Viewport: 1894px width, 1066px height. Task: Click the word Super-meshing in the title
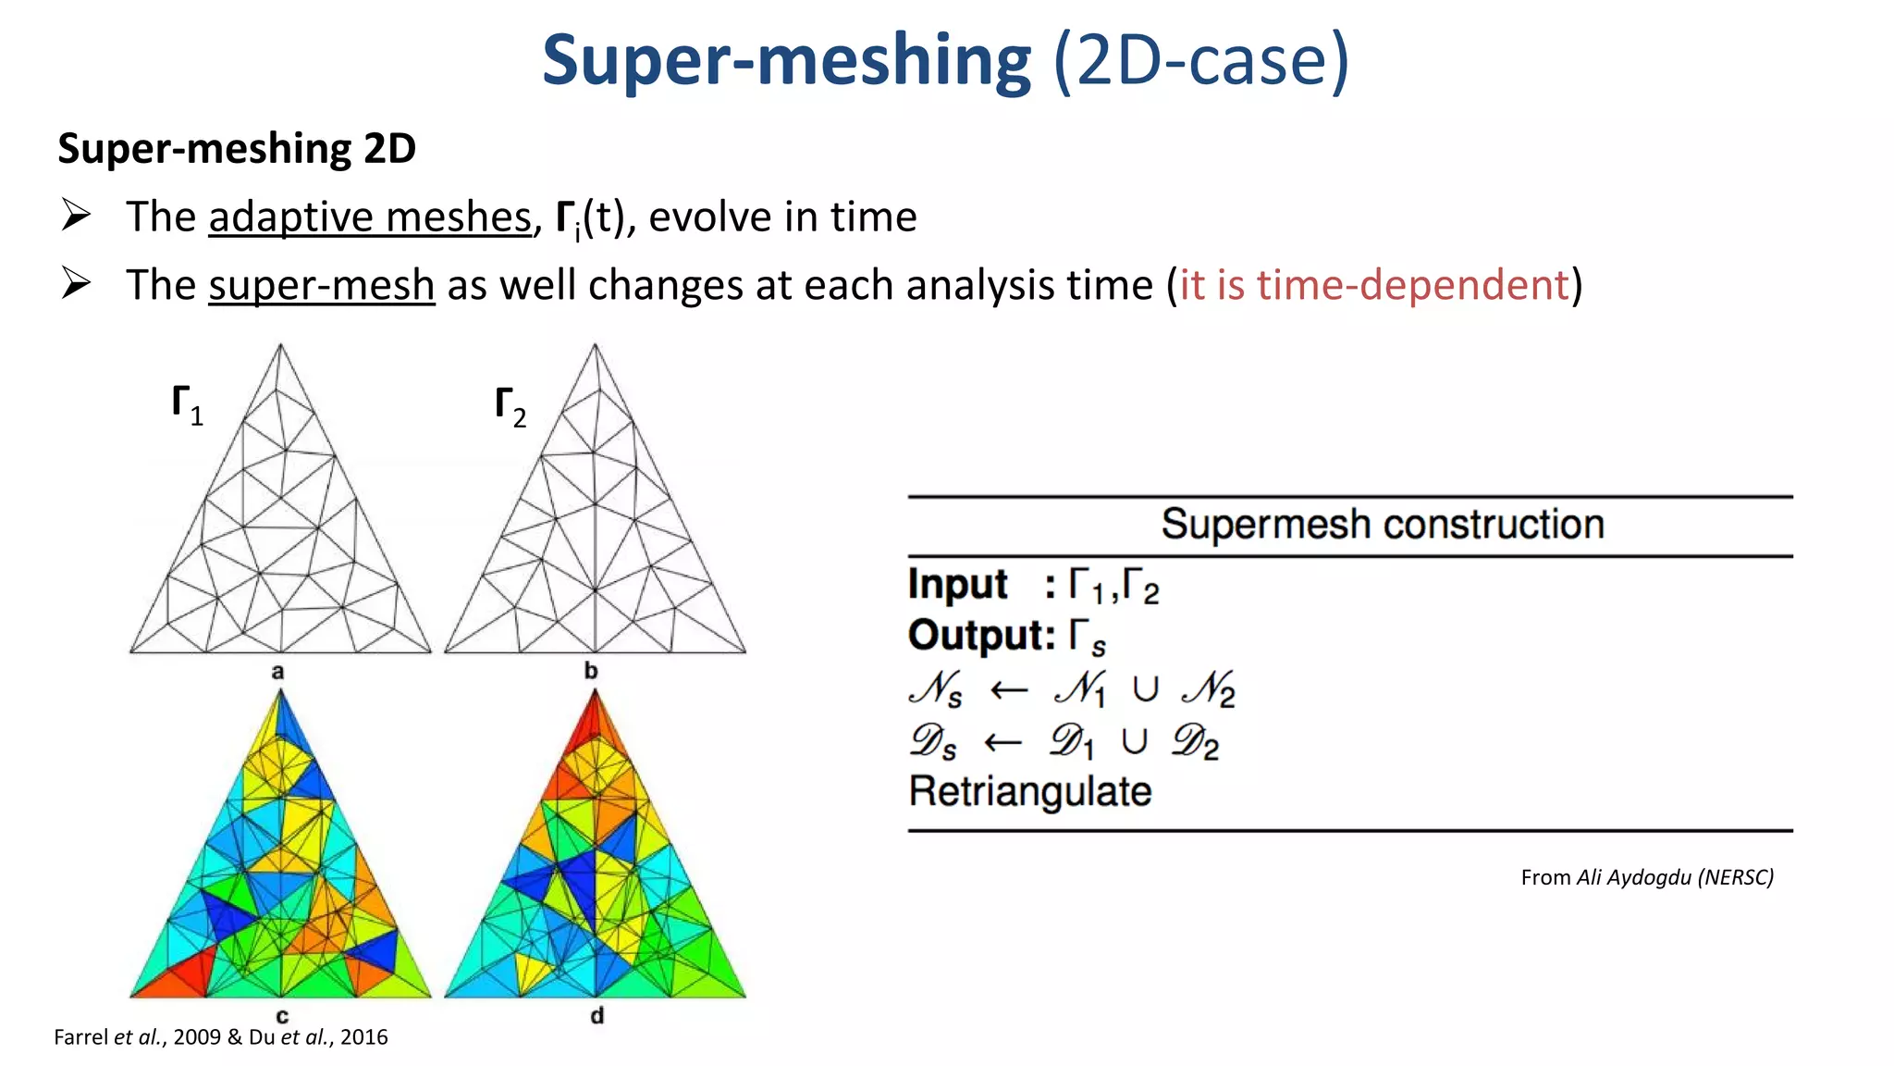pos(786,61)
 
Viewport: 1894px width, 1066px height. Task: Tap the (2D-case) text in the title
pos(1201,61)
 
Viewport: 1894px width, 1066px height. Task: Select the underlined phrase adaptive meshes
pos(370,217)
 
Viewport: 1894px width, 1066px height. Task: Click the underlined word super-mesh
pos(321,285)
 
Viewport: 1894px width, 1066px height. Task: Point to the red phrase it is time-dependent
pos(1374,285)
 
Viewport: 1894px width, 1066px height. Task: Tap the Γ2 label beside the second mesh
pos(510,407)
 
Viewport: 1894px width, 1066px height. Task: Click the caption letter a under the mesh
pos(277,672)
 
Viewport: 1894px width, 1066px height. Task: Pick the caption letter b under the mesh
pos(591,671)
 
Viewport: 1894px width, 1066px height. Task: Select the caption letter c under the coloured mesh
pos(282,1016)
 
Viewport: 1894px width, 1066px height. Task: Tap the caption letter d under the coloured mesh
pos(597,1016)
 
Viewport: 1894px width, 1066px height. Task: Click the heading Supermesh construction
pos(1382,525)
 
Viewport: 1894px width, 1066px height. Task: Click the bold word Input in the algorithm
pos(957,585)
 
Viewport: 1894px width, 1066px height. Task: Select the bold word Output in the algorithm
pos(980,636)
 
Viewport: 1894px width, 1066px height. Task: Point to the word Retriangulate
pos(1030,792)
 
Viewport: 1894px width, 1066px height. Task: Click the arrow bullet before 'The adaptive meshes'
pos(76,216)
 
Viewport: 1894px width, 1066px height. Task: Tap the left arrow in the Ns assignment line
pos(1008,690)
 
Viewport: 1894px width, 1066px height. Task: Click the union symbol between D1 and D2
pos(1134,742)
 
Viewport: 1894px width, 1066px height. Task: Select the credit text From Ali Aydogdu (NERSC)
pos(1646,877)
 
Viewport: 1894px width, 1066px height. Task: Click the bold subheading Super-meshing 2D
pos(237,149)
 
